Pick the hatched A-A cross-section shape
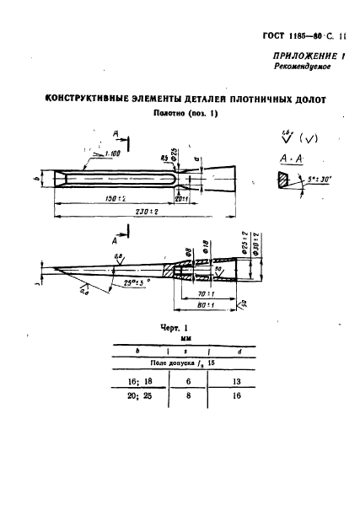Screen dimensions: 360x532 [281, 181]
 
